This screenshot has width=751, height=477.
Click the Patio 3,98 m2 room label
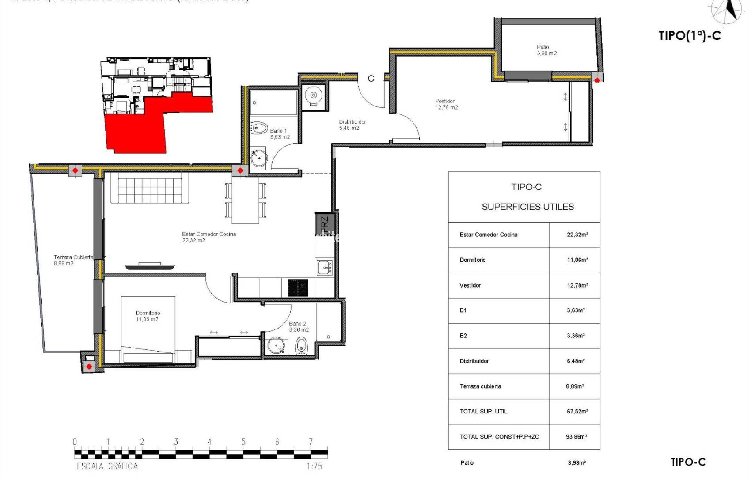(546, 50)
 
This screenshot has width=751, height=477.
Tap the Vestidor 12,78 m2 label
(446, 104)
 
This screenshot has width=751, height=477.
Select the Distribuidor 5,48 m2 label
(352, 125)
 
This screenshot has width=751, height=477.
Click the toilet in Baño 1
(259, 129)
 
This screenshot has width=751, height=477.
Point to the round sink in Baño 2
(277, 346)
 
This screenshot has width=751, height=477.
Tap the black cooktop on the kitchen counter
(298, 288)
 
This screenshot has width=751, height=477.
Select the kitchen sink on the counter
(325, 267)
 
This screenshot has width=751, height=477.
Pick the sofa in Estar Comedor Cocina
(150, 188)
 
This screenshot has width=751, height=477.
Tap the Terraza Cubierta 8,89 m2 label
(73, 260)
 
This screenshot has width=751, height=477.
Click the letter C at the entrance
(371, 79)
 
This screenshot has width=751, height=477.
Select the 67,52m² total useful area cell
(577, 411)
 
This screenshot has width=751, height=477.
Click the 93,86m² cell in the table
(576, 436)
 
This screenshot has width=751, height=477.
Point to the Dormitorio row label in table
(472, 260)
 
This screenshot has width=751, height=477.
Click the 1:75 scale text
(314, 466)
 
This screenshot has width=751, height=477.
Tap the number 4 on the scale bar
(209, 442)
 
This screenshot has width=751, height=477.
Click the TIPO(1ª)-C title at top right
(690, 36)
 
